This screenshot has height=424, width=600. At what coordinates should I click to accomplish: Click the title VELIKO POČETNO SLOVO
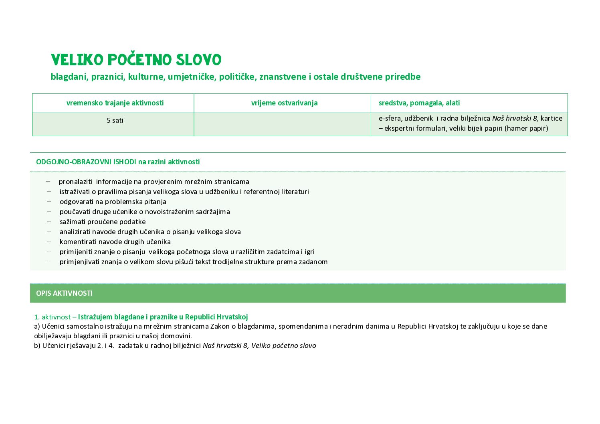pos(136,60)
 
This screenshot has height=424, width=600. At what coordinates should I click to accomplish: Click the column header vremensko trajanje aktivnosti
pos(115,103)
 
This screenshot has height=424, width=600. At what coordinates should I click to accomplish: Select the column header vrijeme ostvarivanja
pos(284,103)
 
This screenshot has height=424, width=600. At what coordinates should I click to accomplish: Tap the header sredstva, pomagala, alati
pos(419,103)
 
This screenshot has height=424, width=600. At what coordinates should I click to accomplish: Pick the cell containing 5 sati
pos(115,120)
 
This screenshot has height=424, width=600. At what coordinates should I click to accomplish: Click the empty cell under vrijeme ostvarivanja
pos(282,124)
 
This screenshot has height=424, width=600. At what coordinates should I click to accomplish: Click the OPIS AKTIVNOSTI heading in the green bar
pos(64,293)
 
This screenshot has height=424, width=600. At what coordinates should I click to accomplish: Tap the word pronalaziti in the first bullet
pos(75,182)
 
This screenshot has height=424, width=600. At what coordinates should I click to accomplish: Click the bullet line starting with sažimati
pos(103,222)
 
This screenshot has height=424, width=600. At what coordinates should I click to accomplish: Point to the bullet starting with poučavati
pos(145,212)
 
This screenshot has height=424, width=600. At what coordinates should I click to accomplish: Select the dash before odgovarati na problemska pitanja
pos(49,202)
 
